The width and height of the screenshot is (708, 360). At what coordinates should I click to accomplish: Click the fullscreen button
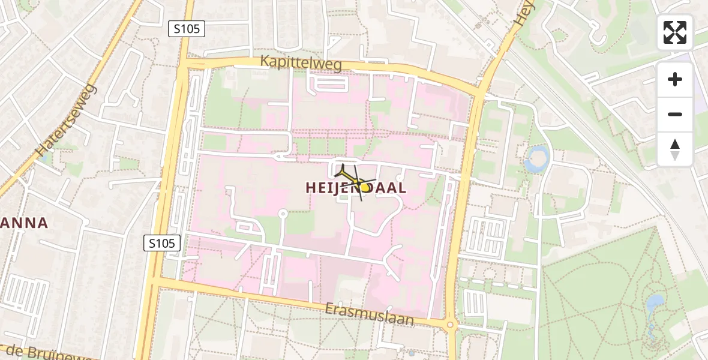[675, 32]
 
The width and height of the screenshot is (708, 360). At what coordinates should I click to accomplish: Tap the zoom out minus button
[675, 114]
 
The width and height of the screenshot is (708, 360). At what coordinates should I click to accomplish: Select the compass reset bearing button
[675, 149]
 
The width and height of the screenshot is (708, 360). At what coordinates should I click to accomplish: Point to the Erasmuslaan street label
[370, 313]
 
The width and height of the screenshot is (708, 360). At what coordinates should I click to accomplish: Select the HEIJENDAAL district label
[356, 187]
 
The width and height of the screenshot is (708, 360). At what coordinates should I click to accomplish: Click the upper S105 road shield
[187, 28]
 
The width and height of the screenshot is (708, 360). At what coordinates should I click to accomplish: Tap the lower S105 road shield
[163, 243]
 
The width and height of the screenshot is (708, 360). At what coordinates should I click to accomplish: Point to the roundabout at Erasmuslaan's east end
[450, 325]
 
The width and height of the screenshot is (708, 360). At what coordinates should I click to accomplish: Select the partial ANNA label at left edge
[24, 223]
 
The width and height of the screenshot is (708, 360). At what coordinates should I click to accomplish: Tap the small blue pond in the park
[655, 302]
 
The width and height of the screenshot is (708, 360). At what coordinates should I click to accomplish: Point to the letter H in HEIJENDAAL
[311, 188]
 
